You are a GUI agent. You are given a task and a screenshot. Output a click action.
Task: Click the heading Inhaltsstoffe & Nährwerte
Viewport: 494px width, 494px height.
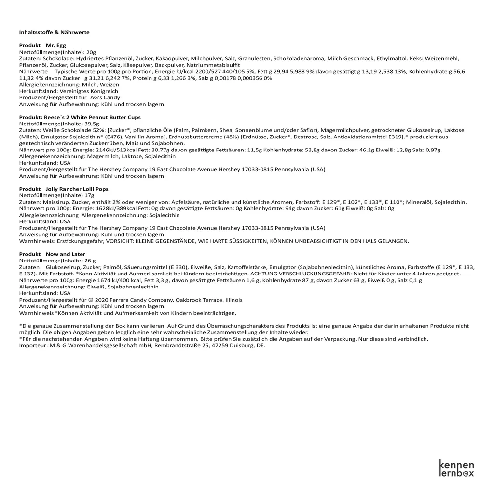pos(54,32)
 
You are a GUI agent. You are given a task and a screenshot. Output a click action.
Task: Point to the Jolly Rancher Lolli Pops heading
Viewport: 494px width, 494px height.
pos(77,189)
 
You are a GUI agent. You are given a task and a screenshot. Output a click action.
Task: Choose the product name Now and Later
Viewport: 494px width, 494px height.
pos(65,254)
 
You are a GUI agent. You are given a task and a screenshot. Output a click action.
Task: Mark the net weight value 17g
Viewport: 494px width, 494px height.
pos(89,195)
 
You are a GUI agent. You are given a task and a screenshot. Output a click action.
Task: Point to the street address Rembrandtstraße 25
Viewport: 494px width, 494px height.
pos(183,345)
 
